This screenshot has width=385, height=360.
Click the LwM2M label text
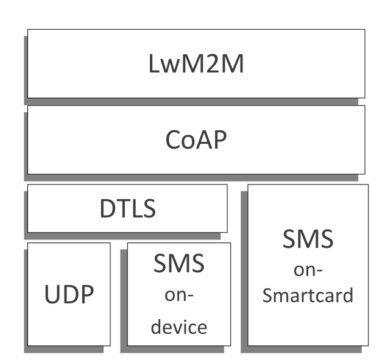pyautogui.click(x=196, y=64)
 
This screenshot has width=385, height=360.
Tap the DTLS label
pyautogui.click(x=127, y=209)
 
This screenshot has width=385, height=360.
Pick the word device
pyautogui.click(x=179, y=326)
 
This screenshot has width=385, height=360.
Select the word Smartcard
pyautogui.click(x=308, y=296)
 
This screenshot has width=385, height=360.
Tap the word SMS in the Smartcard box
pyautogui.click(x=308, y=238)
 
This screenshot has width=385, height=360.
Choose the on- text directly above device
pyautogui.click(x=179, y=295)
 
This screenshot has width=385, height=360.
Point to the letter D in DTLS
pyautogui.click(x=107, y=209)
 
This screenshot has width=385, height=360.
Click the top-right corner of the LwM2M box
pyautogui.click(x=365, y=29)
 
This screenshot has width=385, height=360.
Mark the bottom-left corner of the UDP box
pyautogui.click(x=28, y=345)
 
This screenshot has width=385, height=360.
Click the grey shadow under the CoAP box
pyautogui.click(x=195, y=177)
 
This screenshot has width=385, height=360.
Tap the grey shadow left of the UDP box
pyautogui.click(x=26, y=298)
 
